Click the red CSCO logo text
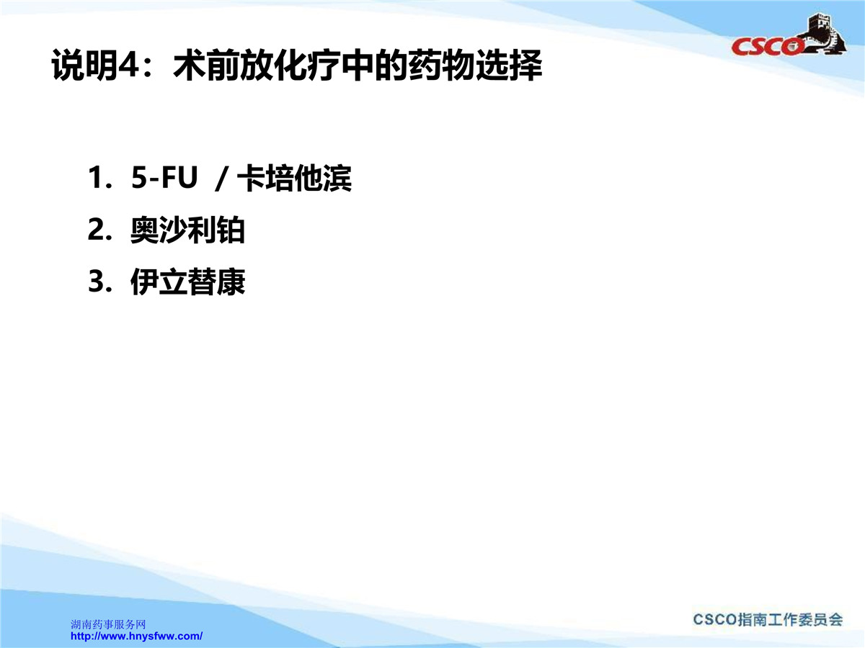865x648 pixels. [766, 47]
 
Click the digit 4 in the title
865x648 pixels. [128, 65]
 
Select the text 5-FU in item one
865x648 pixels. [164, 177]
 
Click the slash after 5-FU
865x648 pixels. [221, 179]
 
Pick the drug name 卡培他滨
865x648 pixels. [294, 179]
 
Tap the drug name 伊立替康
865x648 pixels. [187, 282]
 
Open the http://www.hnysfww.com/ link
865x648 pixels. [137, 636]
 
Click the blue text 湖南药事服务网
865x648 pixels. [108, 624]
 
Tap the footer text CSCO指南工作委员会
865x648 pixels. [768, 620]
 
